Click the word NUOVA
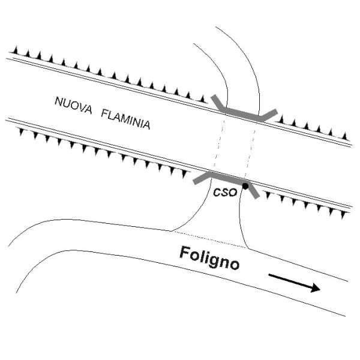coord(73,105)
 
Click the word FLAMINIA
coord(126,119)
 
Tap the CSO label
coord(225,192)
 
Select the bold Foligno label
coord(209,258)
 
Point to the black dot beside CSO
coord(245,186)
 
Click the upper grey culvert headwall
coord(244,113)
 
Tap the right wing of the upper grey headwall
coord(269,115)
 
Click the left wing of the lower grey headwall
coord(202,179)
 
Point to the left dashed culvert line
coord(219,143)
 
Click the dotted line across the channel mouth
coord(209,239)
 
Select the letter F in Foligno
coord(185,253)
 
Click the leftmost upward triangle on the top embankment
coord(16,50)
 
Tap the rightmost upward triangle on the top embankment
coord(344,136)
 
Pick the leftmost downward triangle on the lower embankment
coord(22,132)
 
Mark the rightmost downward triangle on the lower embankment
coord(343,215)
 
